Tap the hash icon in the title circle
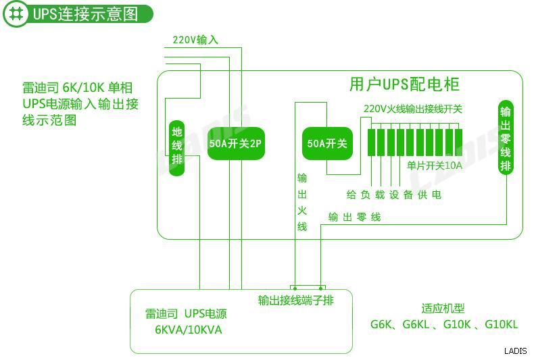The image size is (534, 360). click(16, 14)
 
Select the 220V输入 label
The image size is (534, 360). click(195, 40)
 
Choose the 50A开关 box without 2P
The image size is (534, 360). click(326, 143)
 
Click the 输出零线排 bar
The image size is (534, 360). click(505, 138)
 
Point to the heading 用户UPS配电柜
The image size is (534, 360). click(404, 84)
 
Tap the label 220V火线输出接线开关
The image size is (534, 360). click(412, 108)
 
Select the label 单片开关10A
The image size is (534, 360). click(434, 165)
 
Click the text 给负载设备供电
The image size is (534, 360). click(393, 195)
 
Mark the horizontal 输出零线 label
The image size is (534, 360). click(354, 217)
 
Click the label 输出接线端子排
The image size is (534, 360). click(295, 300)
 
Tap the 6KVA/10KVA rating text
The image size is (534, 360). click(188, 330)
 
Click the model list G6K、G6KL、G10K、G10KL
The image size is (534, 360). click(443, 325)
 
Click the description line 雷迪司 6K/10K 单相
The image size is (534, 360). click(78, 87)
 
